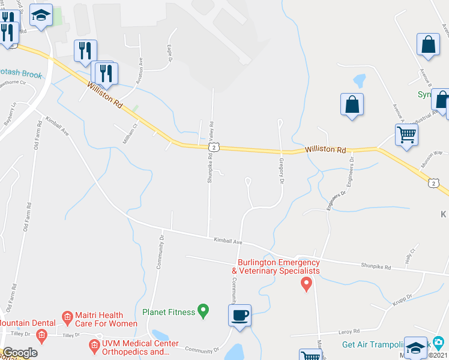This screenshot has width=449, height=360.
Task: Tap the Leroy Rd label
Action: click(x=348, y=331)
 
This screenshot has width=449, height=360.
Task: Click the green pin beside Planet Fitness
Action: click(x=203, y=311)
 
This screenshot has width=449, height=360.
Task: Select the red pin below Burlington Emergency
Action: click(x=307, y=283)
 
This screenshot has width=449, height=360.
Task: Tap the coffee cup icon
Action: click(x=240, y=315)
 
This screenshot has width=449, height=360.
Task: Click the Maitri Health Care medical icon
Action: click(x=67, y=316)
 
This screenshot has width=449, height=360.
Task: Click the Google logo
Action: click(x=20, y=353)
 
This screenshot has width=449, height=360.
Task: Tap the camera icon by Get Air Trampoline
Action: click(x=438, y=343)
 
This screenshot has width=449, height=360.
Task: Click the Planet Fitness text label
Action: click(x=169, y=312)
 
